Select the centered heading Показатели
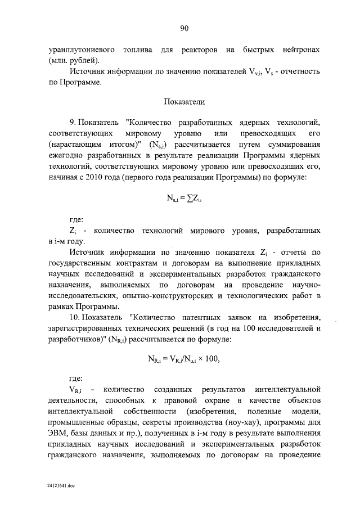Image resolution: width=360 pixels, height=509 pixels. pos(183,102)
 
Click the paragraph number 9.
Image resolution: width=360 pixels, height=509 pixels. pos(72,122)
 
